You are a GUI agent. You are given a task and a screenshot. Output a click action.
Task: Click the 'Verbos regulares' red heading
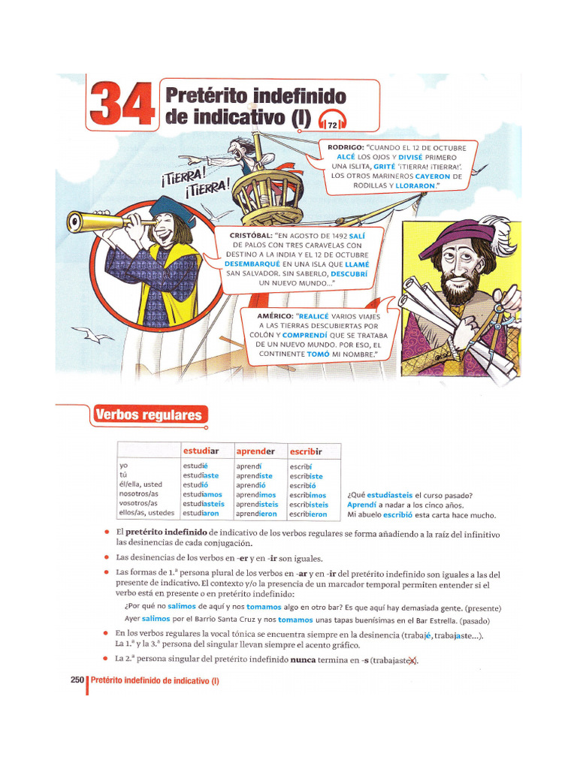pyautogui.click(x=148, y=415)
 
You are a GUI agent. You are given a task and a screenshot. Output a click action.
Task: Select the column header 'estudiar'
pyautogui.click(x=201, y=451)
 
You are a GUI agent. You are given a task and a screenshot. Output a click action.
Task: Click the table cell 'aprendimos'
pyautogui.click(x=256, y=495)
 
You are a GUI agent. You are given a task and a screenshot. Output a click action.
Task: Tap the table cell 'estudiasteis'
pyautogui.click(x=203, y=504)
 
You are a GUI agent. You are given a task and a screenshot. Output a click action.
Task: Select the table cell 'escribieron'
pyautogui.click(x=308, y=514)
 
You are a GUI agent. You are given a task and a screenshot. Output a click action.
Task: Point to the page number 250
pyautogui.click(x=77, y=680)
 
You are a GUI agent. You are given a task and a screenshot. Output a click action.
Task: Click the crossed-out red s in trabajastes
pyautogui.click(x=411, y=661)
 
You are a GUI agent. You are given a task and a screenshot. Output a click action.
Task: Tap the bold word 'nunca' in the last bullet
pyautogui.click(x=304, y=661)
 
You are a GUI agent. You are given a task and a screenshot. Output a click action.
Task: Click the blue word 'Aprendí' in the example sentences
pyautogui.click(x=363, y=505)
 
